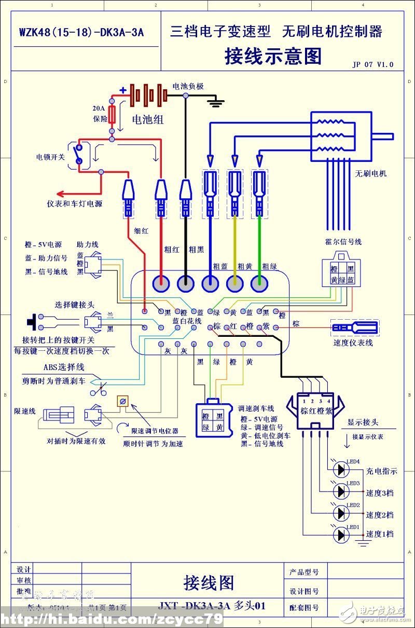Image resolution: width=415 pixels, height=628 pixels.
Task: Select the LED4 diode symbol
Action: (x=340, y=470)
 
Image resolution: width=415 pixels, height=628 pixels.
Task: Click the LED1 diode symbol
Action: (x=340, y=535)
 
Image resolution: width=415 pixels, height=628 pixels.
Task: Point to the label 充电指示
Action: (x=381, y=471)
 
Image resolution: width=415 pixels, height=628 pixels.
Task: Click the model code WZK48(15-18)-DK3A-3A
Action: (x=81, y=32)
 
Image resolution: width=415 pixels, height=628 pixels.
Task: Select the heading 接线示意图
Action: (x=273, y=56)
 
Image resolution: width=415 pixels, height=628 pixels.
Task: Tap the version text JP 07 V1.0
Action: (x=372, y=65)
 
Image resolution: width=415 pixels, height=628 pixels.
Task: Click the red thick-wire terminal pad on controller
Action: (x=161, y=283)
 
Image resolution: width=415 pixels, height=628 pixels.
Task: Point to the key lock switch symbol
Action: (x=79, y=154)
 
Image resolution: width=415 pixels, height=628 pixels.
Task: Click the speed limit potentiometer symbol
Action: (x=123, y=401)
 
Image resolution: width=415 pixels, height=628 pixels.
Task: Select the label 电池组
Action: (x=148, y=120)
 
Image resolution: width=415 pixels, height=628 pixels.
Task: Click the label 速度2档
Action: (x=380, y=515)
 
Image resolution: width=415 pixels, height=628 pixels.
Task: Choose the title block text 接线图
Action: (x=209, y=582)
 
